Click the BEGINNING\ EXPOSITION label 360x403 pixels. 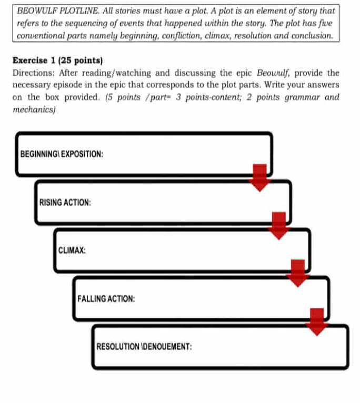[62, 154]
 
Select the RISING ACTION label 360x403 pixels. [65, 202]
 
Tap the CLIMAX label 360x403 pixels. [72, 250]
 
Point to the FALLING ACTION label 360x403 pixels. [106, 298]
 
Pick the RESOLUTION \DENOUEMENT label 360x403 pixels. [144, 347]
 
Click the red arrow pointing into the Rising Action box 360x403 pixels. [259, 178]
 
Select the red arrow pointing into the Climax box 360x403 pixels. [279, 226]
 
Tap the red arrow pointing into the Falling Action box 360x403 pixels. [298, 274]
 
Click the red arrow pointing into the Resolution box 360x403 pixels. [317, 322]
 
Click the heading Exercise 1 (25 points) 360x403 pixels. [57, 61]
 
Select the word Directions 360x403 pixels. [34, 73]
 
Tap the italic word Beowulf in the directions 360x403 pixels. [273, 73]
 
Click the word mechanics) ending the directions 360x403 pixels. [34, 110]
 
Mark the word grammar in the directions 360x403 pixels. [302, 97]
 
